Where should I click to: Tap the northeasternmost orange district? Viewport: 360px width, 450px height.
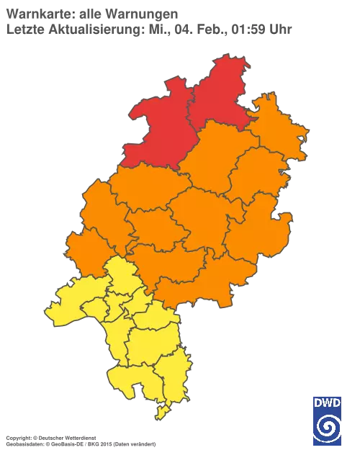[x=277, y=130]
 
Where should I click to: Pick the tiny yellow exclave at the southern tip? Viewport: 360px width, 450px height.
[x=163, y=411]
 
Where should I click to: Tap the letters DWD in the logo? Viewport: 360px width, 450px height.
[x=327, y=402]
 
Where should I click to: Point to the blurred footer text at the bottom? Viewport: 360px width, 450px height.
[x=79, y=438]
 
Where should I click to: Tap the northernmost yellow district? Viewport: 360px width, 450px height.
[x=122, y=274]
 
